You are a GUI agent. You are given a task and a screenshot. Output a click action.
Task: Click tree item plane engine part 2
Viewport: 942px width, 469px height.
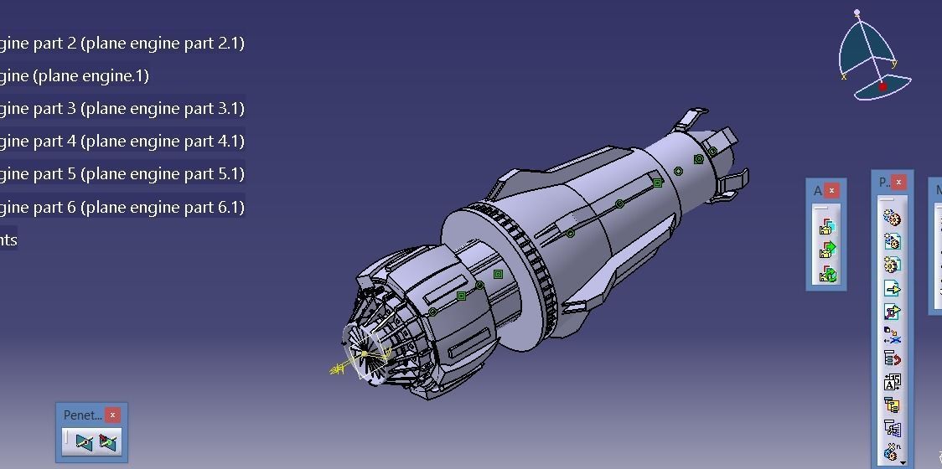click(122, 43)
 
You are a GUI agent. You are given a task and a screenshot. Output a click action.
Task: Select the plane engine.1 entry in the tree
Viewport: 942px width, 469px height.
click(75, 76)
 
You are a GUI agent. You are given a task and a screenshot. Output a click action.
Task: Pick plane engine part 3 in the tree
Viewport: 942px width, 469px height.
click(122, 109)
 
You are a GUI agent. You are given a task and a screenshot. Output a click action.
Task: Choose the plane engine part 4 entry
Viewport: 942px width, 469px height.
click(122, 142)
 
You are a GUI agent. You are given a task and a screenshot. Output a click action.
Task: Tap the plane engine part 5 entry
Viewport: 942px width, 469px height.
click(122, 174)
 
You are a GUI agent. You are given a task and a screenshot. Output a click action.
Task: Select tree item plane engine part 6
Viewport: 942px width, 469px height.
click(122, 207)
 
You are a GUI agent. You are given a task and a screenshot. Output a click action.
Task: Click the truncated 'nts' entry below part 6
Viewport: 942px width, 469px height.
click(8, 240)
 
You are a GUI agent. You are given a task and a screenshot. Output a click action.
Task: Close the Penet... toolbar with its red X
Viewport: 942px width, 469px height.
click(112, 415)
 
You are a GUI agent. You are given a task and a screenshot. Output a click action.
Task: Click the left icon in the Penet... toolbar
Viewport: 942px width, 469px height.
click(84, 441)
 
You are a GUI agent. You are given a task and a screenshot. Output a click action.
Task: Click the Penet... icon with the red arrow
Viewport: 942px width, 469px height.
click(108, 441)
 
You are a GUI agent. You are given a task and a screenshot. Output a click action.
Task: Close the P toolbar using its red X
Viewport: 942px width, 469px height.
click(898, 182)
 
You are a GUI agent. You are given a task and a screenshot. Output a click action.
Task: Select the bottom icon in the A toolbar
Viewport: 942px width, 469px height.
click(827, 273)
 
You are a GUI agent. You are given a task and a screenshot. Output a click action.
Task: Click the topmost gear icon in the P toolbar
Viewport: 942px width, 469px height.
click(892, 219)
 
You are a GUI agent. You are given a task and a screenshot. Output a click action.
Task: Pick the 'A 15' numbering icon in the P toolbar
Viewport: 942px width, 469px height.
click(892, 383)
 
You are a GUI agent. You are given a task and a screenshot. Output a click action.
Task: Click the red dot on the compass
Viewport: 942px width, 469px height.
click(882, 86)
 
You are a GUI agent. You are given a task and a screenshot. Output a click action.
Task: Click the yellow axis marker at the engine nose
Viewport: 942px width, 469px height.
click(340, 368)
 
